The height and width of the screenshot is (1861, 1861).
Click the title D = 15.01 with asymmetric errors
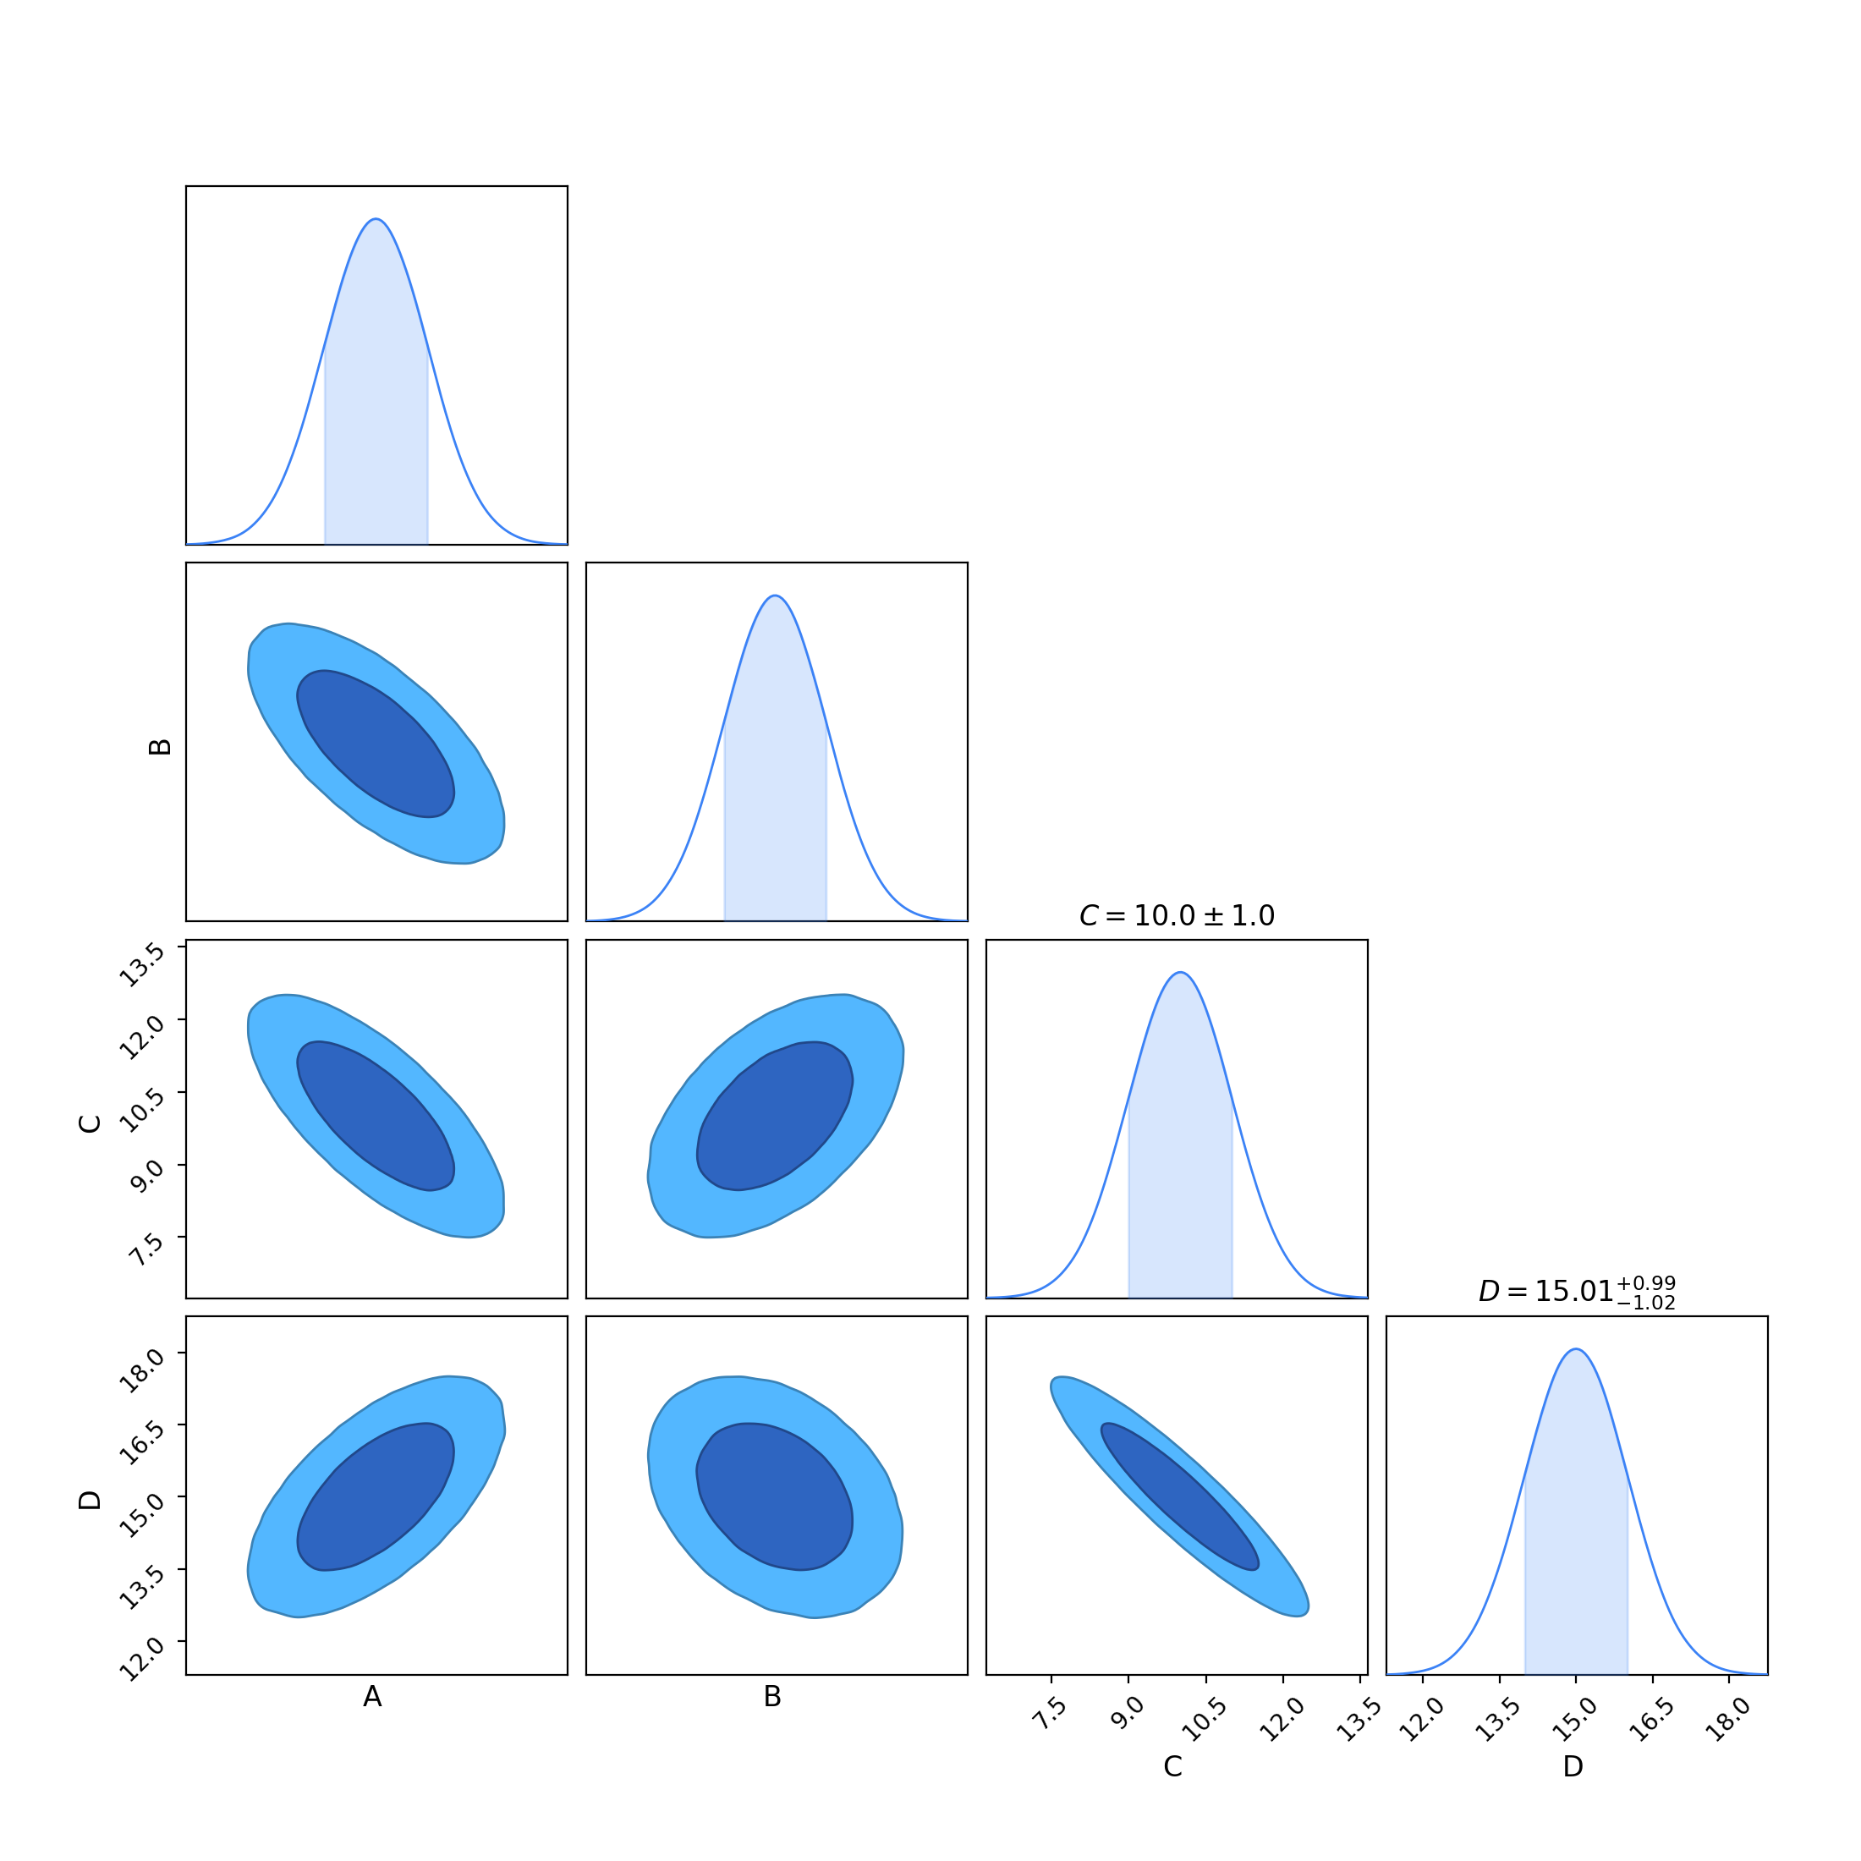click(x=1577, y=1292)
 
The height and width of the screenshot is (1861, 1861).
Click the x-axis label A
click(x=373, y=1697)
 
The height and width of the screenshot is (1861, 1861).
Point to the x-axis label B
click(x=772, y=1697)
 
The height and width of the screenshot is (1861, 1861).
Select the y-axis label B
click(x=160, y=747)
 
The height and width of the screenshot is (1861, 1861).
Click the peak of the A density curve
click(x=376, y=220)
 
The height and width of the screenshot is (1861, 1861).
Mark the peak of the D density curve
click(x=1576, y=1349)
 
